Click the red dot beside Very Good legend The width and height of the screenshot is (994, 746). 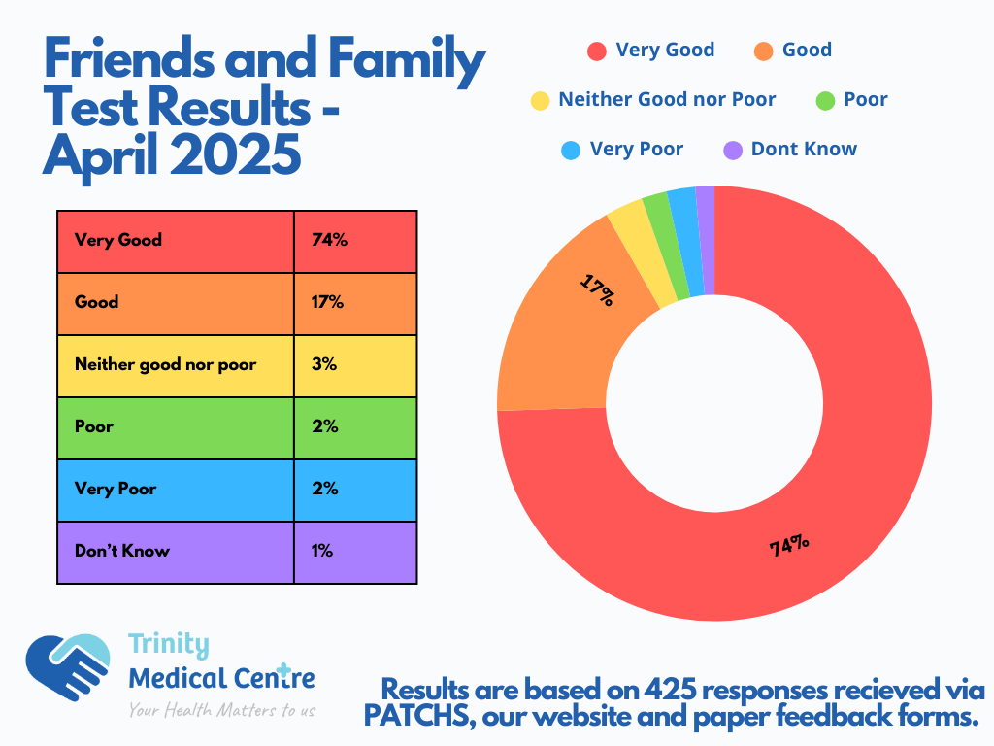click(x=597, y=51)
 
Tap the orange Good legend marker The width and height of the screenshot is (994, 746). click(x=764, y=51)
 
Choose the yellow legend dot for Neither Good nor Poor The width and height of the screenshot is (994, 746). click(x=540, y=100)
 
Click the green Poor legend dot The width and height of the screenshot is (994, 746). click(x=825, y=100)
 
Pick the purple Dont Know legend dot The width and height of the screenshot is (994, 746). click(x=734, y=150)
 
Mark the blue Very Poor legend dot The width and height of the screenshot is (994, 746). click(x=571, y=150)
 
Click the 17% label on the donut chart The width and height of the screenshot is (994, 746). click(x=597, y=289)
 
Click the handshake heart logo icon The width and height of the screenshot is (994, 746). click(x=68, y=667)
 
